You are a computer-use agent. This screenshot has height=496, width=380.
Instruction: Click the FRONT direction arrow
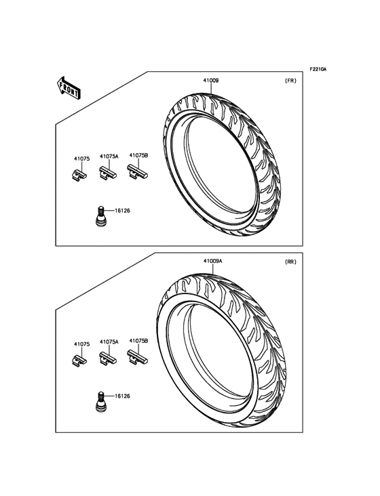(x=69, y=87)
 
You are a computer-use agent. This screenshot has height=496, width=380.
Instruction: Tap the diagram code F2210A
(x=318, y=68)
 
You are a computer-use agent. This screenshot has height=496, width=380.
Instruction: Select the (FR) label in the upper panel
(x=290, y=81)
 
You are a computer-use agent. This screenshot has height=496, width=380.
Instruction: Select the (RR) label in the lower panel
(x=290, y=262)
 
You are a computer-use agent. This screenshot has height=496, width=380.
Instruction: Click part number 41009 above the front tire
(x=210, y=81)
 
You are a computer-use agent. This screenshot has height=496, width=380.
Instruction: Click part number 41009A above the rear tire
(x=212, y=262)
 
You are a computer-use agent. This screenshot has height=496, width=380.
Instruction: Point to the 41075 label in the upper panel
(x=81, y=159)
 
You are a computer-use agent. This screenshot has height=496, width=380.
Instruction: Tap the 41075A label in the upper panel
(x=109, y=157)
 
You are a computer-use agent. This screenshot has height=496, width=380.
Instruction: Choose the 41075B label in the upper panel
(x=138, y=155)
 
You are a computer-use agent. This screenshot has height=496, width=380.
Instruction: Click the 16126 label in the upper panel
(x=122, y=211)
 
